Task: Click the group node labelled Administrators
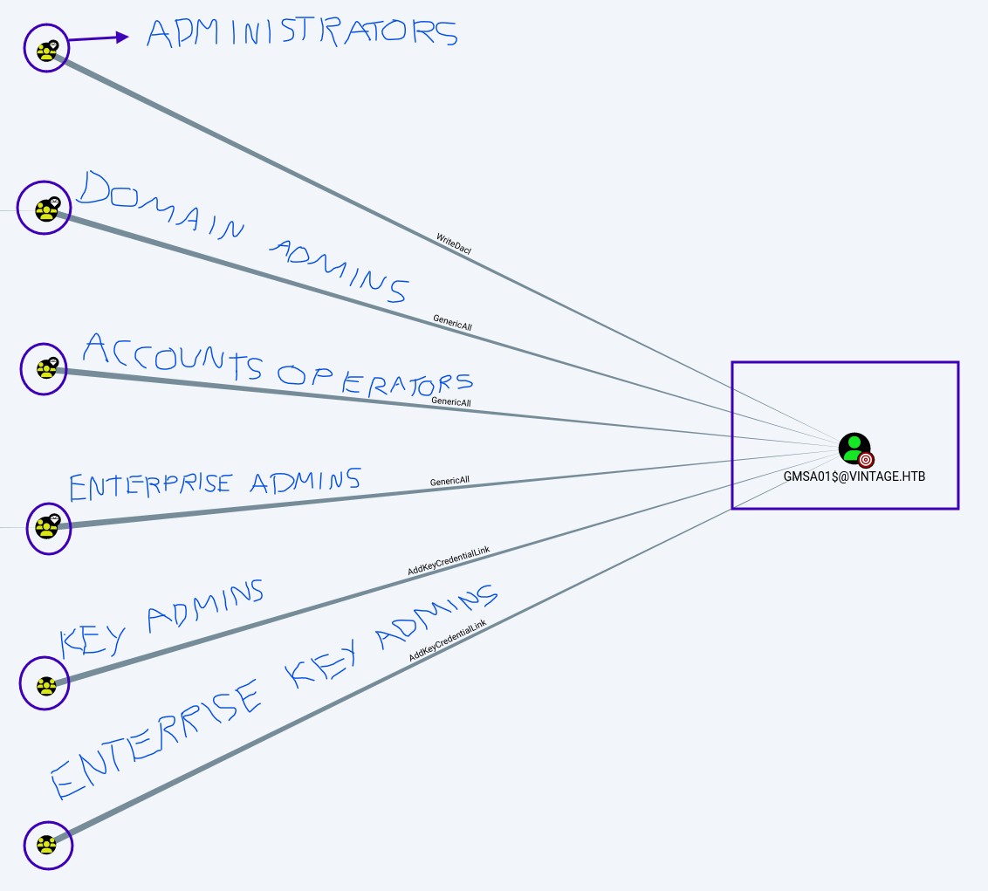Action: [46, 49]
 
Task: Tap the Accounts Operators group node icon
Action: [45, 368]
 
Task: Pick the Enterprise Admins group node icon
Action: [46, 526]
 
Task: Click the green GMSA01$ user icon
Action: [852, 447]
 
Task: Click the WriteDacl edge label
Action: [454, 243]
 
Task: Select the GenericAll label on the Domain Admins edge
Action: [452, 322]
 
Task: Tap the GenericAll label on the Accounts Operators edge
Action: [451, 402]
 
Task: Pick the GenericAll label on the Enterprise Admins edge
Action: [449, 481]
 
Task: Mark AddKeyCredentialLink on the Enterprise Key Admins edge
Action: [448, 641]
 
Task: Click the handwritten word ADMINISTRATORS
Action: [301, 33]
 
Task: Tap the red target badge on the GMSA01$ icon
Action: [866, 460]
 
